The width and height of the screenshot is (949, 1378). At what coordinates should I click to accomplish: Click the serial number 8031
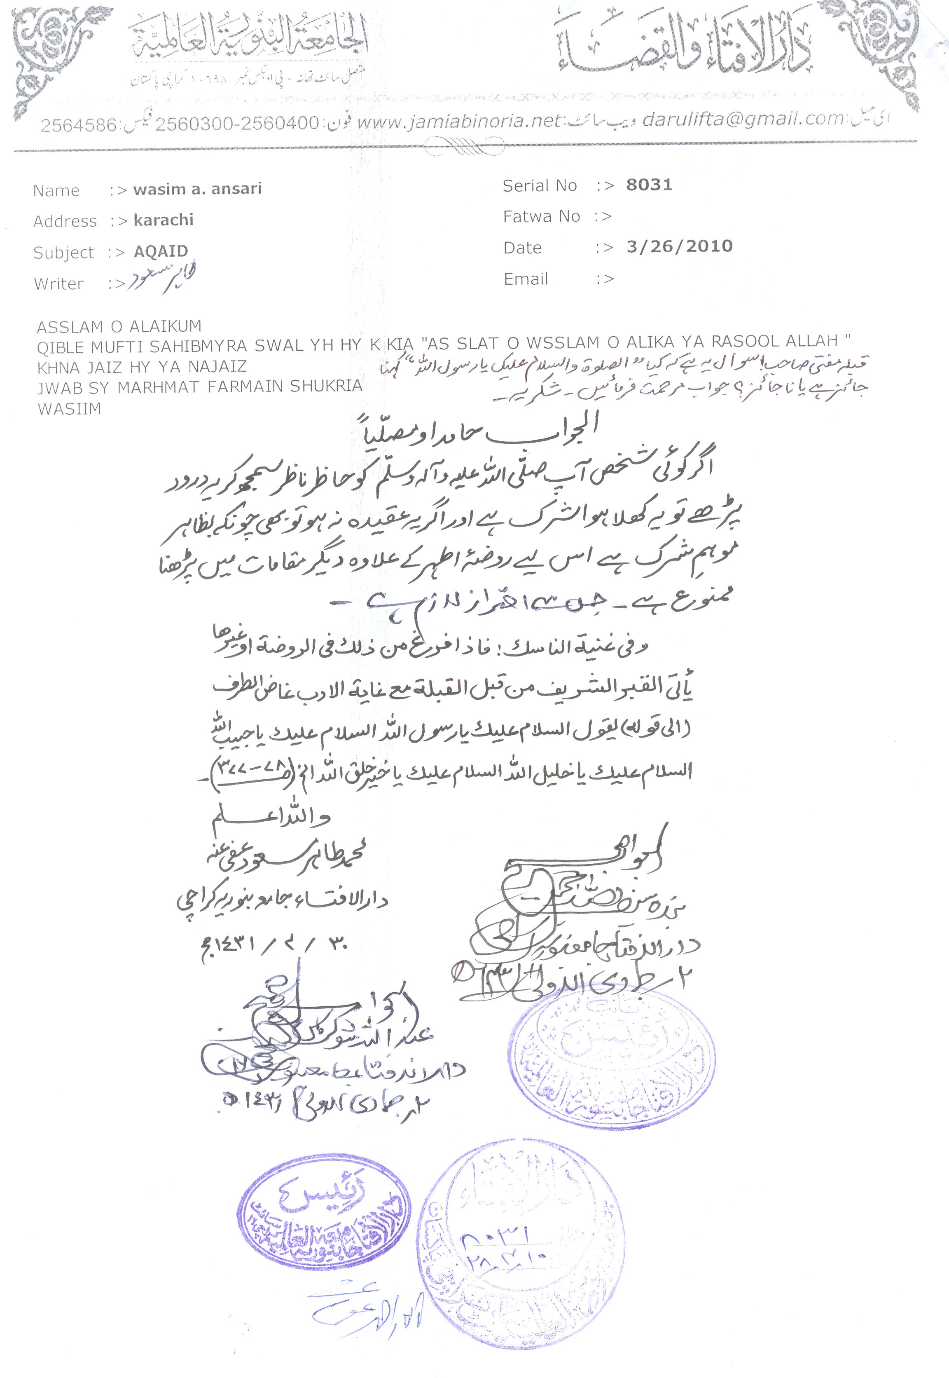649,185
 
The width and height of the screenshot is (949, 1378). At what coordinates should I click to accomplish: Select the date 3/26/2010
679,246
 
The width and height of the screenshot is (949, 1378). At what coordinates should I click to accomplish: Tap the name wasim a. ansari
197,189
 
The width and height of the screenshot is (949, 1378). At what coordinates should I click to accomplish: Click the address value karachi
164,220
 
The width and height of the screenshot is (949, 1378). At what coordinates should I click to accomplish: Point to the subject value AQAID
161,251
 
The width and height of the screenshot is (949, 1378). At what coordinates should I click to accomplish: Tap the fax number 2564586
78,126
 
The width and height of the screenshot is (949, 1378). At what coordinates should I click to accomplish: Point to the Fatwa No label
541,216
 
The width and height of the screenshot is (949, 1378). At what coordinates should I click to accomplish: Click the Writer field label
58,284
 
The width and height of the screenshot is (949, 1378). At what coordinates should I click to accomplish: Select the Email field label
526,279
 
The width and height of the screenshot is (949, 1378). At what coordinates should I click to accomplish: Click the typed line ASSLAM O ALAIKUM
119,326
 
